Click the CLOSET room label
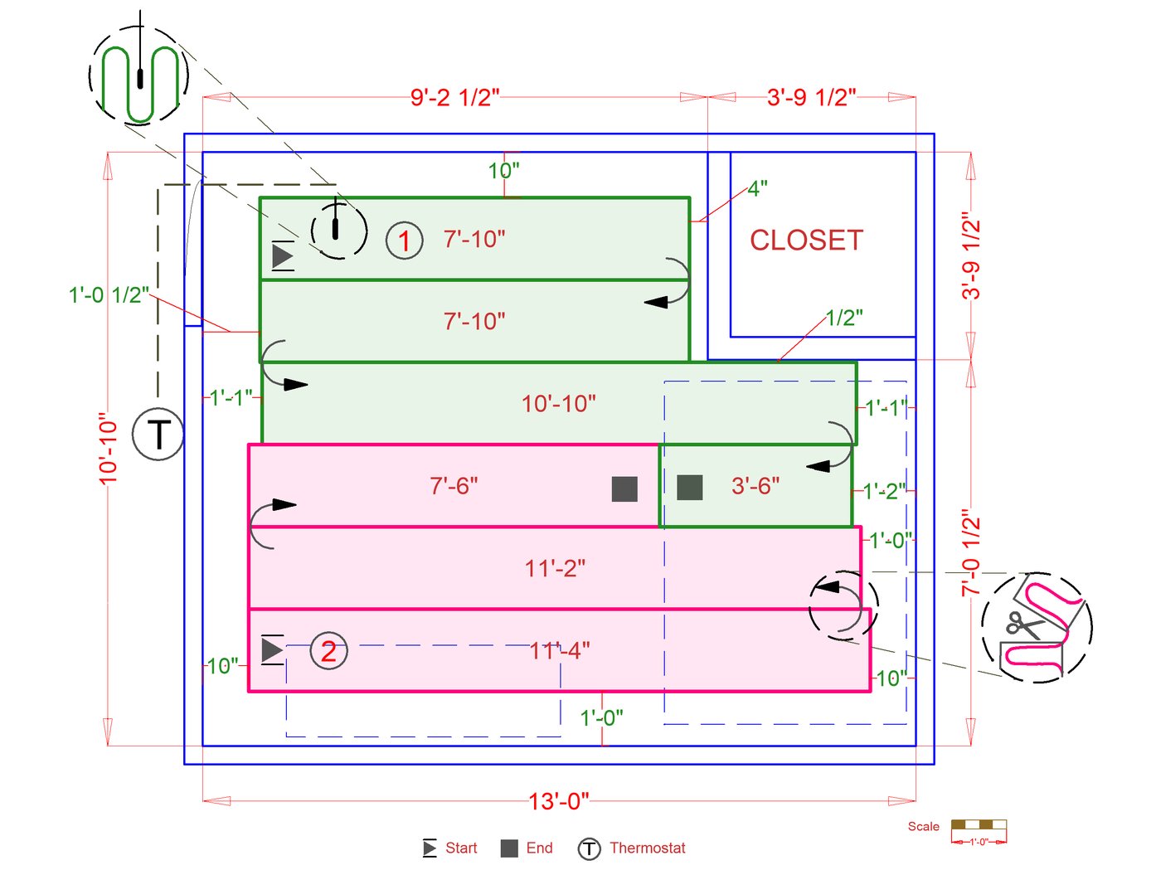pyautogui.click(x=806, y=241)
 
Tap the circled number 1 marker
pyautogui.click(x=405, y=241)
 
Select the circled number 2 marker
pyautogui.click(x=329, y=651)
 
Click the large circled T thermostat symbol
pyautogui.click(x=158, y=434)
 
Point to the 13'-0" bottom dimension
pyautogui.click(x=559, y=801)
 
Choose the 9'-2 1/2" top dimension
pyautogui.click(x=454, y=98)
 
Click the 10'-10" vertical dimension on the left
pyautogui.click(x=109, y=449)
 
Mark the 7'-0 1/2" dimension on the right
pyautogui.click(x=971, y=554)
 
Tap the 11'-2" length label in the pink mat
pyautogui.click(x=555, y=569)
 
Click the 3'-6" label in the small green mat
pyautogui.click(x=755, y=486)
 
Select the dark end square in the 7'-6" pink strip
pyautogui.click(x=624, y=489)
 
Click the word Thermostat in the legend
pyautogui.click(x=648, y=848)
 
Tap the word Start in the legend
pyautogui.click(x=461, y=848)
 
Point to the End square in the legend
pyautogui.click(x=509, y=848)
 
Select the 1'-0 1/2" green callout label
pyautogui.click(x=109, y=295)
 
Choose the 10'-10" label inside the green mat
pyautogui.click(x=558, y=404)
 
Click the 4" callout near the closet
pyautogui.click(x=757, y=189)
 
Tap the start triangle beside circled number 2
pyautogui.click(x=271, y=649)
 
